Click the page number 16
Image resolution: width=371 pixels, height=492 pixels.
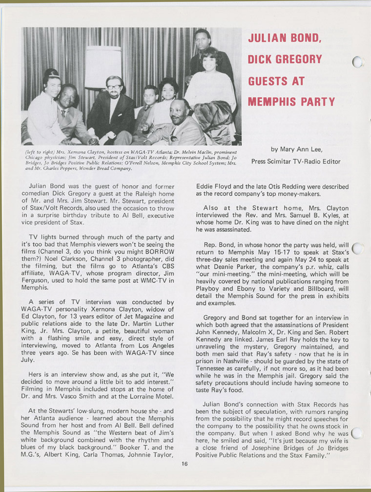tap(184, 464)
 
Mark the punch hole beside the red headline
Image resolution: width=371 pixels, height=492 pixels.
tap(358, 62)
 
